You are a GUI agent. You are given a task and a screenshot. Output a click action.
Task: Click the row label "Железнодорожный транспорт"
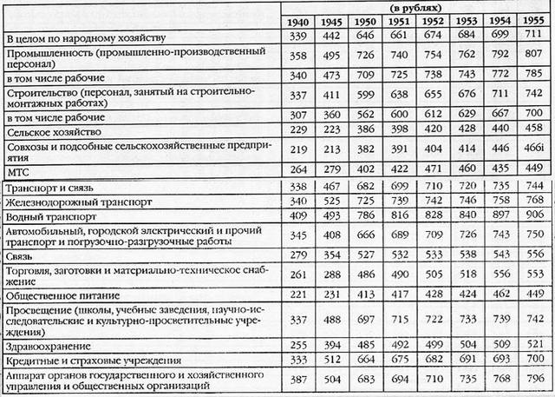(x=69, y=201)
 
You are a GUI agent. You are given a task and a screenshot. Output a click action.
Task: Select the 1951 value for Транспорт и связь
(x=399, y=186)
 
